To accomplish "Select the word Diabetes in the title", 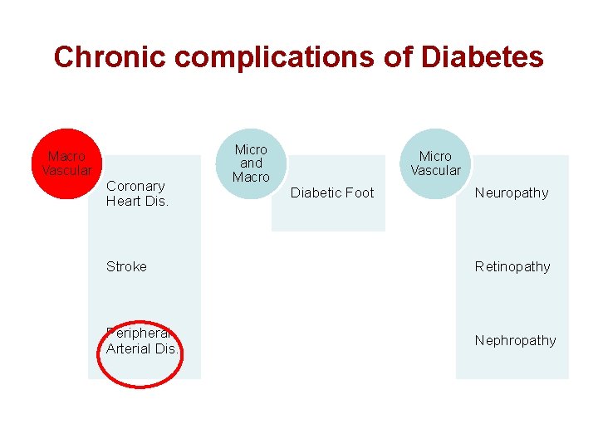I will [x=483, y=57].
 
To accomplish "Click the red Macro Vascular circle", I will [x=67, y=163].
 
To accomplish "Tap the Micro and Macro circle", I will [x=251, y=163].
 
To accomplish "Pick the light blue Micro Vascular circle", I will [x=435, y=163].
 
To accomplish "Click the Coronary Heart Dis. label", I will [x=137, y=193].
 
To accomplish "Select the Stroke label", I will [x=126, y=266].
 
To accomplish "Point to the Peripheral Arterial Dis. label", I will [x=142, y=340].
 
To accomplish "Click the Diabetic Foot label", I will [x=332, y=192].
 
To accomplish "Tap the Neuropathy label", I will [x=512, y=192].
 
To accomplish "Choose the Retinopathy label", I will [x=512, y=266].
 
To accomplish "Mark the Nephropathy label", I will [x=515, y=340].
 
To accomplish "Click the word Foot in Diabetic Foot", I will [x=360, y=192].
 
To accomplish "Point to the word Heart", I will [x=124, y=201].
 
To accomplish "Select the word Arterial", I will [x=129, y=348].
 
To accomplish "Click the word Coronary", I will [x=135, y=186].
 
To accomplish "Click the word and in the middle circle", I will [x=251, y=163].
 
